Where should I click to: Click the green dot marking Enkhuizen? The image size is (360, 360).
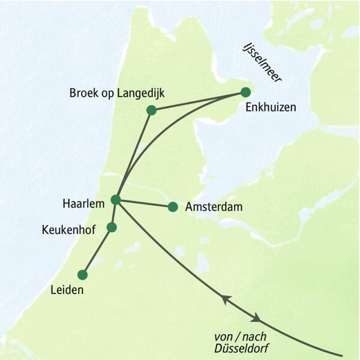click(245, 92)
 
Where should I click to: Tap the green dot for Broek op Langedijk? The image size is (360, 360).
click(151, 110)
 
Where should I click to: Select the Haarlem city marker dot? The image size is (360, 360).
click(116, 199)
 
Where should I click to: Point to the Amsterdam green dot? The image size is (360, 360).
click(173, 207)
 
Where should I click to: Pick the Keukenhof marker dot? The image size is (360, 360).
click(111, 227)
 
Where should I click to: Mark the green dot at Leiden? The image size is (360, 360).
click(83, 275)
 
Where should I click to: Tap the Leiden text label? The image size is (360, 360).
click(67, 291)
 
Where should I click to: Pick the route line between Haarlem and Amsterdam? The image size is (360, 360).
click(144, 203)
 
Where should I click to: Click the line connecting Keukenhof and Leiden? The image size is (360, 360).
click(97, 250)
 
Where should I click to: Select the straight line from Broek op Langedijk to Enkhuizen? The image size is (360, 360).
click(198, 101)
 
